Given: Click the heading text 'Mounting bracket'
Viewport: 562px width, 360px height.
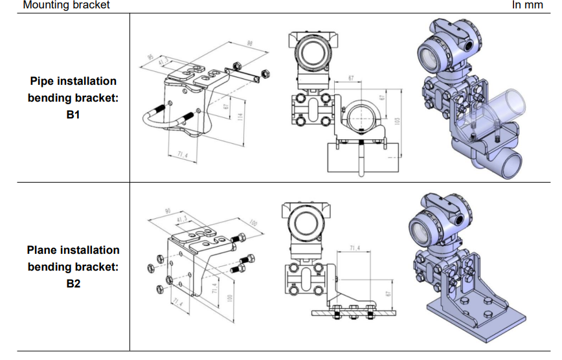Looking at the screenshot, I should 66,5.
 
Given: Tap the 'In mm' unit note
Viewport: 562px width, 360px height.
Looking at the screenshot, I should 528,5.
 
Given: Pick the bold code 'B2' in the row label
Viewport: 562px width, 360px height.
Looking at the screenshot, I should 73,283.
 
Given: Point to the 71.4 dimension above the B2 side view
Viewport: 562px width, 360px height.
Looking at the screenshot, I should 355,249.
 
